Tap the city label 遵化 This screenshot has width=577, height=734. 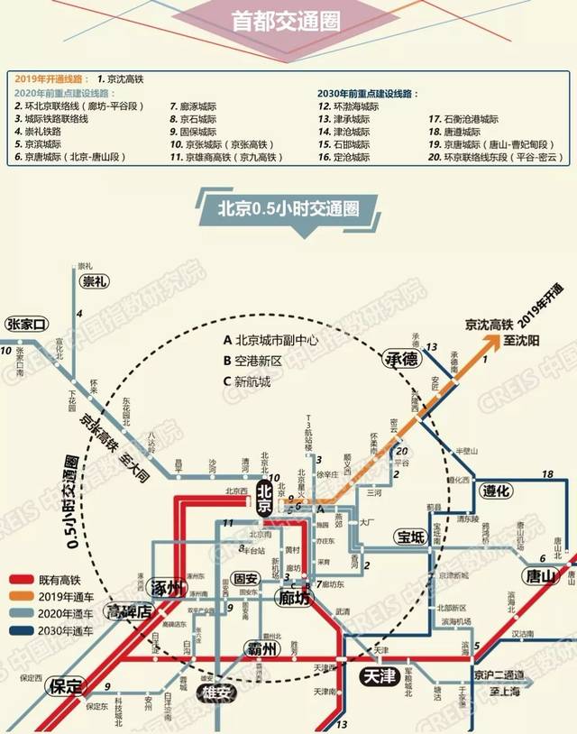point(495,491)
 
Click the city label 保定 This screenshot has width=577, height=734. point(67,684)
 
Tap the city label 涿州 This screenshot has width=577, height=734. point(169,588)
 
